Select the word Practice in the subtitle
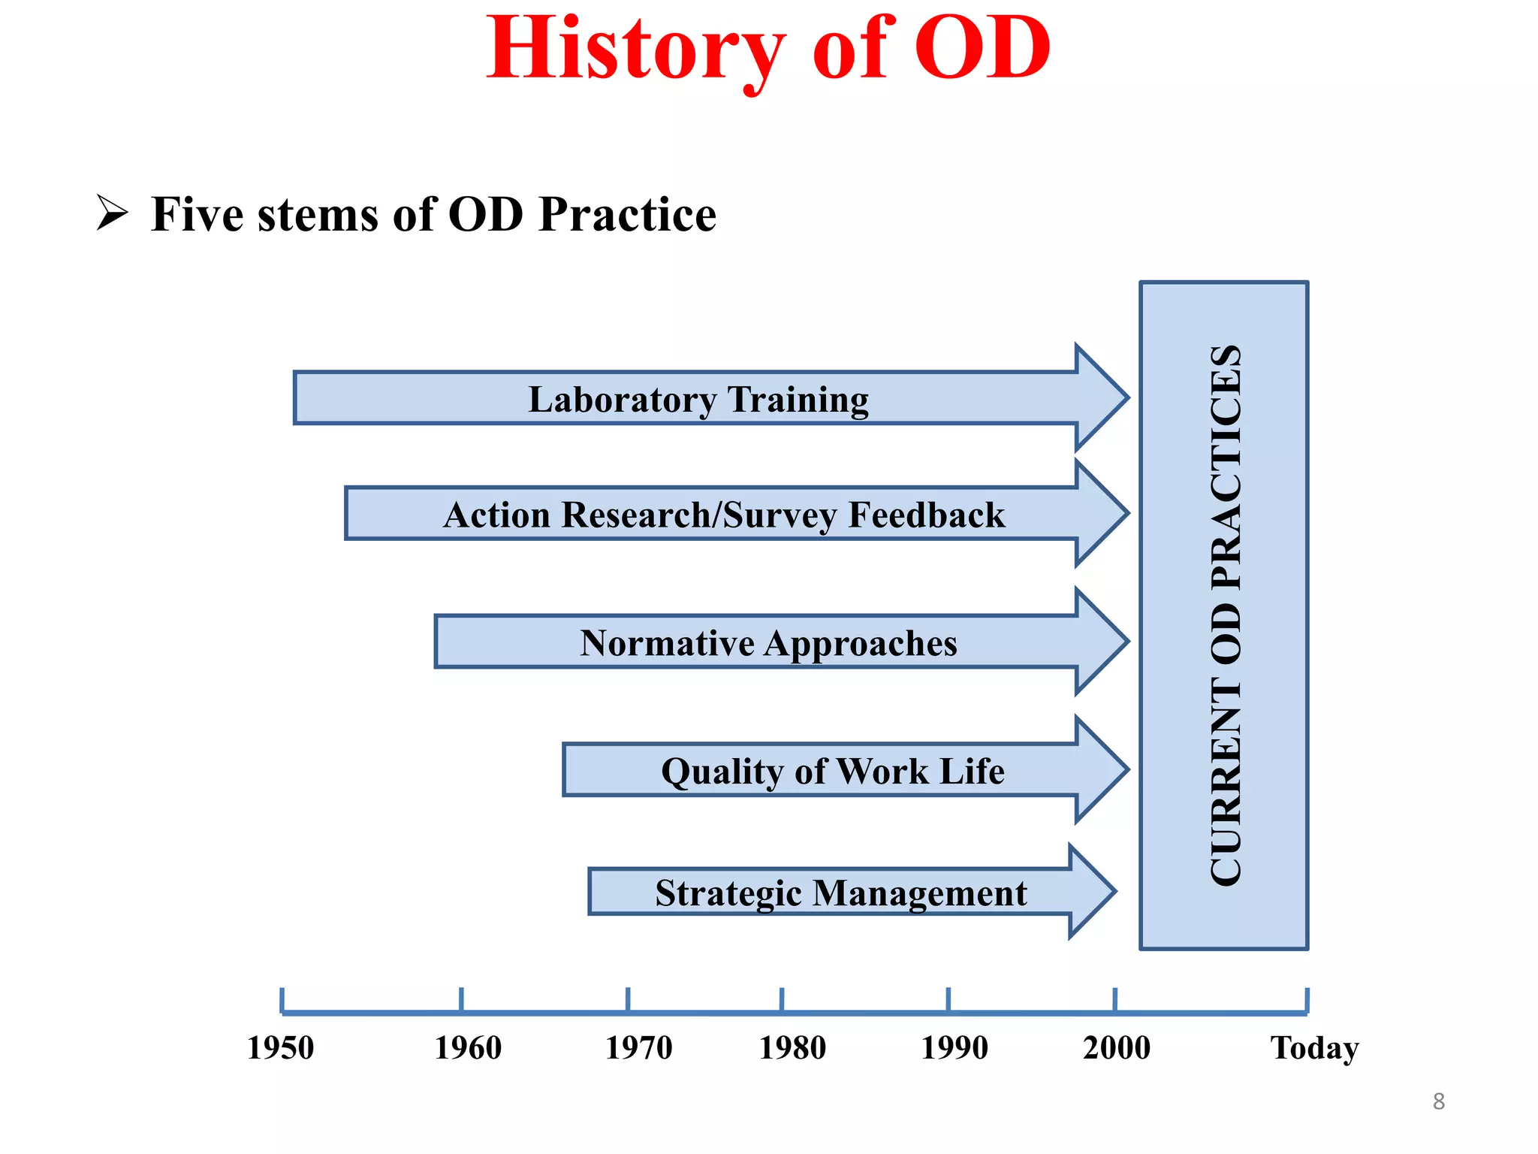627,215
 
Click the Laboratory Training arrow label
698,399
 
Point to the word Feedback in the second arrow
926,515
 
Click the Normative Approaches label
768,643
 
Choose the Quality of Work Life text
832,772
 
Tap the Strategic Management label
840,893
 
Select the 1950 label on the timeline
280,1047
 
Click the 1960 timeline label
468,1047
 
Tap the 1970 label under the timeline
638,1047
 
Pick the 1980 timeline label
792,1047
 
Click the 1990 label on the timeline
954,1047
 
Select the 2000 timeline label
1116,1047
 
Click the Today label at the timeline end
1314,1047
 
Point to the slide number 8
1438,1101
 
